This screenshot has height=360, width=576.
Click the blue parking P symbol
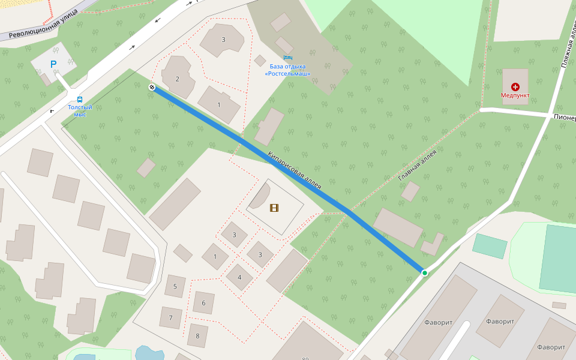[x=53, y=64]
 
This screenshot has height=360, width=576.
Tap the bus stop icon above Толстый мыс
[x=80, y=100]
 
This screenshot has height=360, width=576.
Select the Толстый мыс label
[x=80, y=110]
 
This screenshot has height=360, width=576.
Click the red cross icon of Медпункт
[x=515, y=87]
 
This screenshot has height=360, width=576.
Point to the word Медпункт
[x=515, y=95]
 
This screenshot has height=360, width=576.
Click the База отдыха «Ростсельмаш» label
[x=288, y=70]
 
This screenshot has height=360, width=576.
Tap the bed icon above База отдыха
[x=287, y=58]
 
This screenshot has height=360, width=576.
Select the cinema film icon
[x=274, y=208]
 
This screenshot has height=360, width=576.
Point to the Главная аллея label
[x=417, y=165]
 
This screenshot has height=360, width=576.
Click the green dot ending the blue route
[x=425, y=273]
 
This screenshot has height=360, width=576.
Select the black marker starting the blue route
[x=152, y=88]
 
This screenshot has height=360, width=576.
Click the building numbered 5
[x=175, y=286]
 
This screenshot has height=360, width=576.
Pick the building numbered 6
[x=203, y=303]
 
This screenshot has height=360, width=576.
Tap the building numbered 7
[x=171, y=317]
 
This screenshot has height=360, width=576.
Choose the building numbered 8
[x=197, y=335]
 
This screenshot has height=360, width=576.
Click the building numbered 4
[x=239, y=277]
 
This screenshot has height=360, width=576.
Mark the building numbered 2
[x=178, y=79]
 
